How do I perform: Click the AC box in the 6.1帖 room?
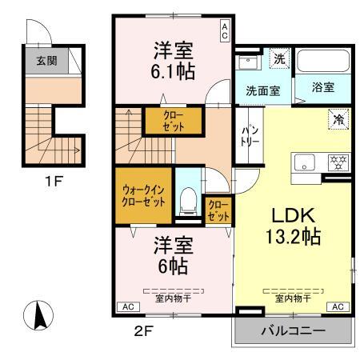point(225,31)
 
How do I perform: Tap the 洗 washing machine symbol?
point(279,58)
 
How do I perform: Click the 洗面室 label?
point(262,90)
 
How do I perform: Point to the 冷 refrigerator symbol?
point(337,119)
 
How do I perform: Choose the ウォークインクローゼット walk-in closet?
point(144,197)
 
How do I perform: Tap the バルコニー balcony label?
point(291,330)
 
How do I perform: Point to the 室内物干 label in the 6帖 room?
point(173,298)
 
